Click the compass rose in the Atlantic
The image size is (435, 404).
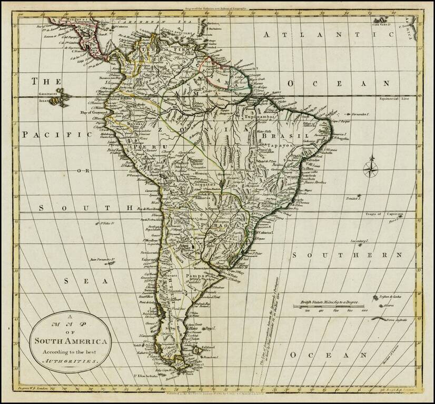click(371, 167)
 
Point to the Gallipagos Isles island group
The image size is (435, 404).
click(59, 98)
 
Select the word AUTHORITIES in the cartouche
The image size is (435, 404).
click(69, 362)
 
